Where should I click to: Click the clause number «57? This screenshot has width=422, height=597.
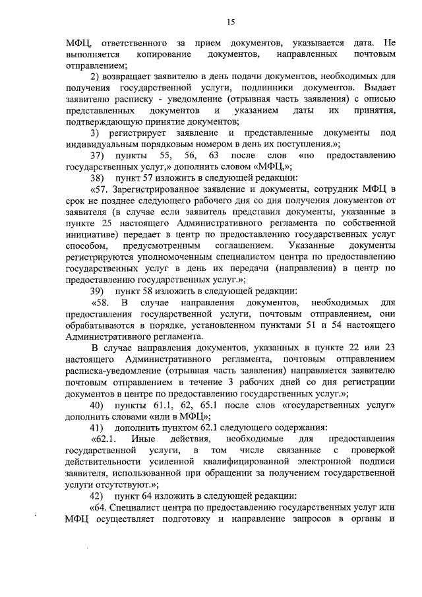click(100, 190)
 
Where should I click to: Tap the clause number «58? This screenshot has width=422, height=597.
click(101, 303)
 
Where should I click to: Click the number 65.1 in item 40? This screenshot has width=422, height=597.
click(206, 404)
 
